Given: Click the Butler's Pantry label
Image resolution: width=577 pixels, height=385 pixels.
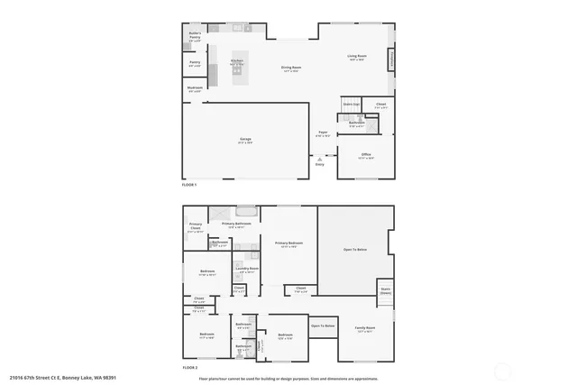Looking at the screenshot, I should click(195, 36).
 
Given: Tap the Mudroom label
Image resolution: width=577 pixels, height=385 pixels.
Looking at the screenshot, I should click(195, 89).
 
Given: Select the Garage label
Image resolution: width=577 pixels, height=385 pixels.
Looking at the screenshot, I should click(245, 140).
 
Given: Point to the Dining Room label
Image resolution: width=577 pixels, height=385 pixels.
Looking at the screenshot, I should click(290, 68).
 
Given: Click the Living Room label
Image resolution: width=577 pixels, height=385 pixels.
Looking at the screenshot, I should click(356, 58).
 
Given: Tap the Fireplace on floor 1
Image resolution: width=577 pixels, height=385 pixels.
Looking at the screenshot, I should click(392, 60).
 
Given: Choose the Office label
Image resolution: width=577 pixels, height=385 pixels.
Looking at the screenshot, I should click(366, 156).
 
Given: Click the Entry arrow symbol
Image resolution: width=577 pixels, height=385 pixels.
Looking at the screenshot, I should click(319, 158).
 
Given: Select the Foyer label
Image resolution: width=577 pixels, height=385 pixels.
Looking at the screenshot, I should click(322, 133).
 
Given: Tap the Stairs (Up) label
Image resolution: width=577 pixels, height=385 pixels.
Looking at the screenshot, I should click(351, 105).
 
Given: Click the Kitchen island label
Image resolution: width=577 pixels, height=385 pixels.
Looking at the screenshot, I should click(238, 62).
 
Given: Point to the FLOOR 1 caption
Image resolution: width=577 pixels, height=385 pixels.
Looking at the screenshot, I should click(189, 184).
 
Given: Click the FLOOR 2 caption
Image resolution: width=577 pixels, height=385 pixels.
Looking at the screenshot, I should click(189, 367).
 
